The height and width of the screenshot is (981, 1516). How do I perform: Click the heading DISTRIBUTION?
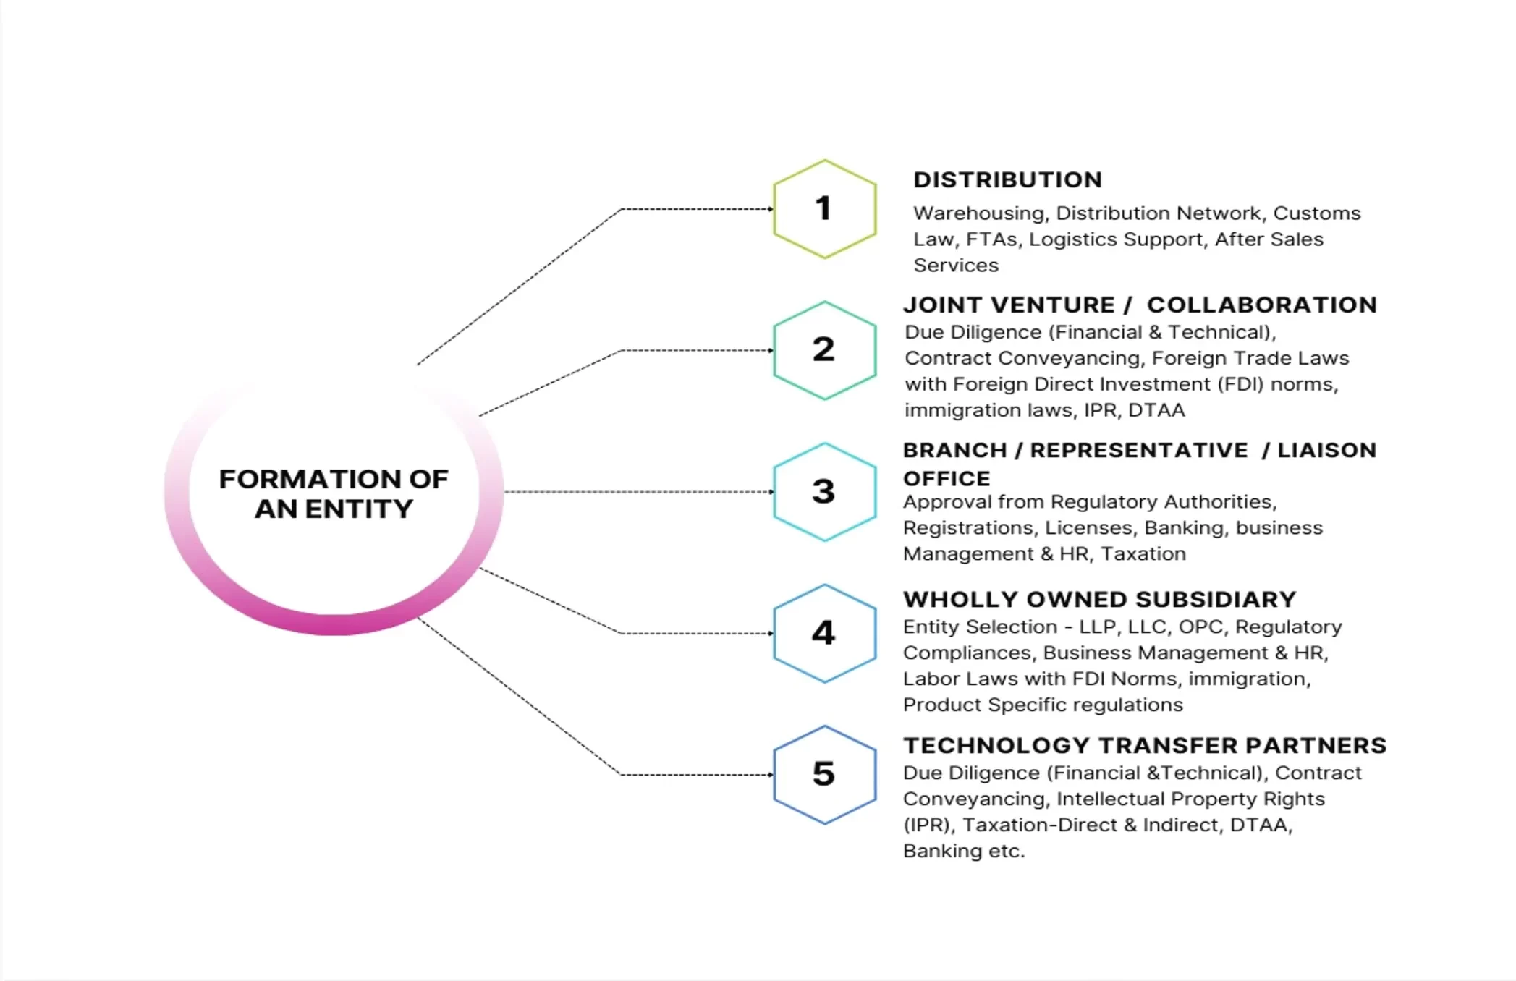pos(1008,179)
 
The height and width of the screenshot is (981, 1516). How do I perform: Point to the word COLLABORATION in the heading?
pos(1262,305)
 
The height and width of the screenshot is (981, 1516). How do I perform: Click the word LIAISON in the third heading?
pos(1326,450)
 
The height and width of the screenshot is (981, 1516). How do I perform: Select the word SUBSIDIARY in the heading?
pos(1216,599)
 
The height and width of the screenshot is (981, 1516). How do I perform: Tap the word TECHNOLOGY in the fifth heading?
pos(997,745)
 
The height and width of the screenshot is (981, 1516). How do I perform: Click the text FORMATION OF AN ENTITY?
pos(334,493)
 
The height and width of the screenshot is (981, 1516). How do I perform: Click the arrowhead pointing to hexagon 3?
pos(771,492)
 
